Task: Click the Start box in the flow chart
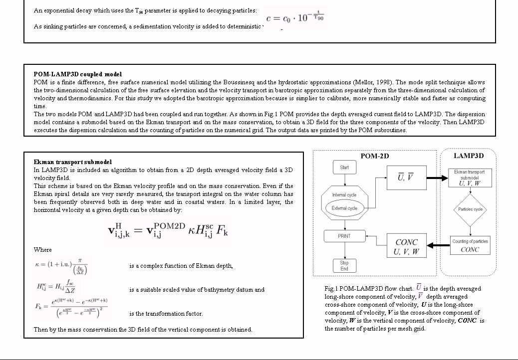[x=344, y=168]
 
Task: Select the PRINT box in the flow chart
[x=344, y=236]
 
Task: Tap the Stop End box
[x=344, y=266]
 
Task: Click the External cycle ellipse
[x=345, y=208]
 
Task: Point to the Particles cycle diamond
[x=470, y=209]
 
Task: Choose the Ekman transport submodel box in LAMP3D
[x=469, y=178]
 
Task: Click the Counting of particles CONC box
[x=470, y=245]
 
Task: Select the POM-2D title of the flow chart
[x=374, y=156]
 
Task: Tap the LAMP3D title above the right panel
[x=469, y=156]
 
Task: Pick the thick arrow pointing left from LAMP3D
[x=439, y=245]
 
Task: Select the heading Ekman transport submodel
[x=73, y=162]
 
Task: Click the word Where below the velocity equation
[x=42, y=250]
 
